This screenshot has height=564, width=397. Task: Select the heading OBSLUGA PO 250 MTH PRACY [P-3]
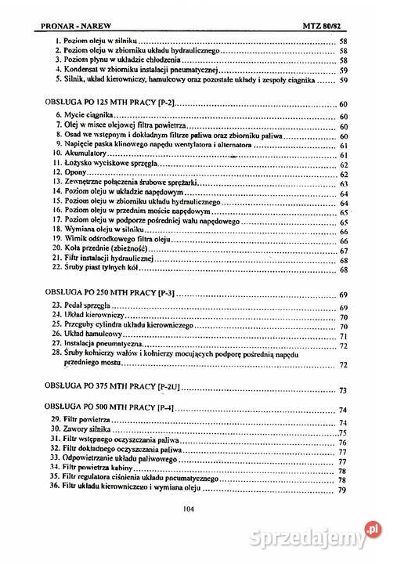(106, 294)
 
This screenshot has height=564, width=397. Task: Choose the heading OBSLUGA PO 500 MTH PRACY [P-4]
(106, 408)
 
